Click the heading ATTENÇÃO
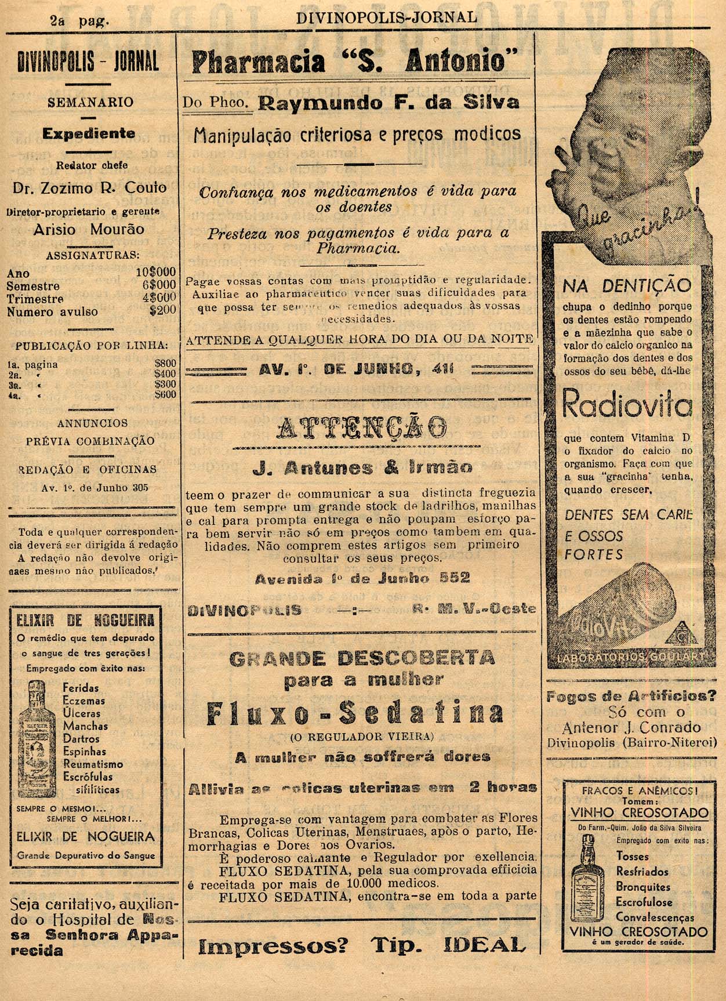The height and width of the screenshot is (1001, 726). (361, 429)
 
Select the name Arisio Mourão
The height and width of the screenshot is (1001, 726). (89, 230)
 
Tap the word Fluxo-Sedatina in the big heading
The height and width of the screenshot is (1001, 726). (355, 715)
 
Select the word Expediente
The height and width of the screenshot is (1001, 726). (89, 133)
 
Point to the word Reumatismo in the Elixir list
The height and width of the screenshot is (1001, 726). (93, 764)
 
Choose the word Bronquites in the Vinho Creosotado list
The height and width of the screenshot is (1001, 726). (643, 887)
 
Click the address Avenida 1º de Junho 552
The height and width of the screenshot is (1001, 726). (362, 578)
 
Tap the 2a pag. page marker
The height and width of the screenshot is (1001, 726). (80, 20)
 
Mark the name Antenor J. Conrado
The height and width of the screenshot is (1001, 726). (631, 727)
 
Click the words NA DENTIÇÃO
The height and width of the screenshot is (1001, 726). (627, 285)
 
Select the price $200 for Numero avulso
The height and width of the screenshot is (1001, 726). (162, 310)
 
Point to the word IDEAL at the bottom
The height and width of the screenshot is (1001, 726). (485, 946)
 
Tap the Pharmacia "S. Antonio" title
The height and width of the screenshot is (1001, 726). (354, 61)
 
